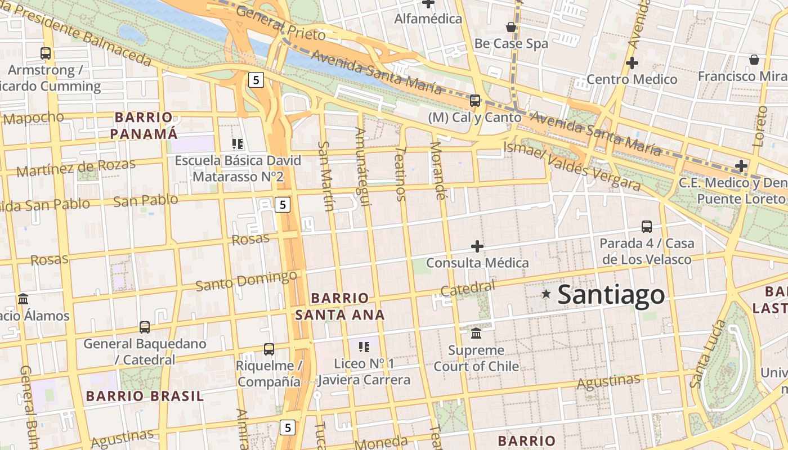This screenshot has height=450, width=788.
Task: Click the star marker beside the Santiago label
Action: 545,294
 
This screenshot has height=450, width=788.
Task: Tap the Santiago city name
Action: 611,295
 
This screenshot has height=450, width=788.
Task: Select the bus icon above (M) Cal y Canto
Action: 475,101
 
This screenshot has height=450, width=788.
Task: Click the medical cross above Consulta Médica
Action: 477,246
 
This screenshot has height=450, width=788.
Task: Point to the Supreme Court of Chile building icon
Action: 476,334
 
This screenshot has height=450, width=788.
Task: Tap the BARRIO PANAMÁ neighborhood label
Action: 144,125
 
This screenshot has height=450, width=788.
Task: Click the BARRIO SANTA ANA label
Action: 340,306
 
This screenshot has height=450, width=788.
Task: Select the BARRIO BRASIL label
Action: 145,396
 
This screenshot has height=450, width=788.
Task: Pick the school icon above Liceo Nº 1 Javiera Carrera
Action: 364,346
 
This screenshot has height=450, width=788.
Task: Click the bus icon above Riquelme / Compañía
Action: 269,349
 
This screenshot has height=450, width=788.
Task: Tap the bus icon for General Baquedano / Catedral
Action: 145,327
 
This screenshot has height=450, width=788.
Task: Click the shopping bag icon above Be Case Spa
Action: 511,27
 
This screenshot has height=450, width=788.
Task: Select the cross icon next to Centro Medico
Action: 632,63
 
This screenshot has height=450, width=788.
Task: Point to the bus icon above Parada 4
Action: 647,227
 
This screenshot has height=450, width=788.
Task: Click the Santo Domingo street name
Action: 246,280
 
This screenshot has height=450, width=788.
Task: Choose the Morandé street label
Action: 437,170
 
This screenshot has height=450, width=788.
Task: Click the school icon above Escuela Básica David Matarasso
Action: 238,144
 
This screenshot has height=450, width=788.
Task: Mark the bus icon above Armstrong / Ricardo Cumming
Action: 46,53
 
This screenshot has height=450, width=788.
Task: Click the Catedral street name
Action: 468,289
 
